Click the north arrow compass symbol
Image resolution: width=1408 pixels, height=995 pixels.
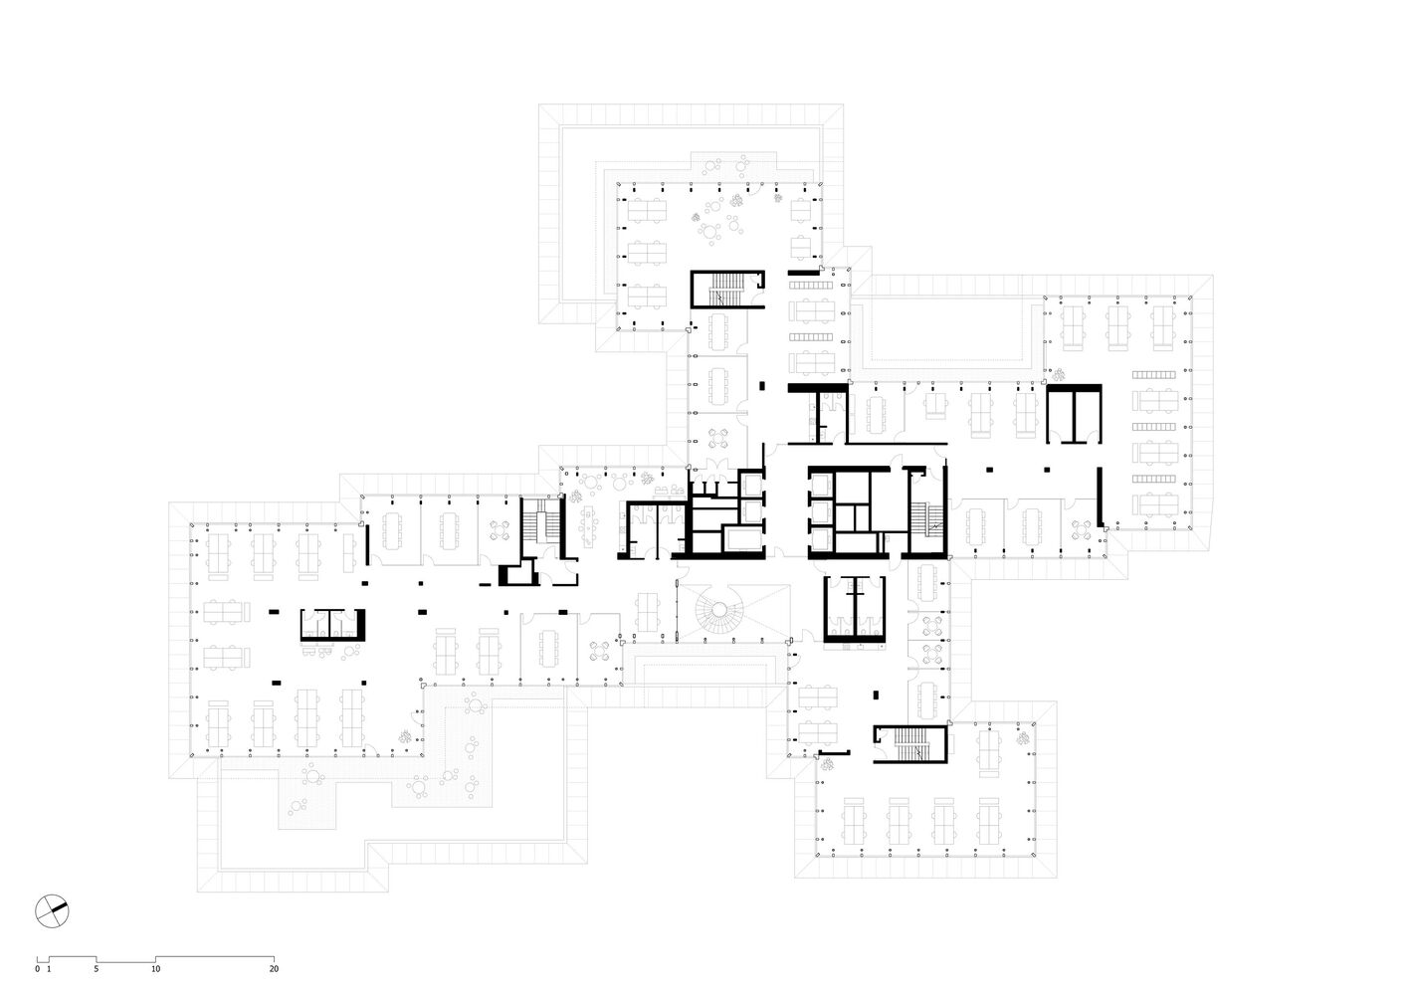tap(52, 910)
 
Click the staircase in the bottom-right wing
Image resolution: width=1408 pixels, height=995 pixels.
tap(911, 744)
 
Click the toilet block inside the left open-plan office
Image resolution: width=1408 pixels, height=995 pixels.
tap(332, 625)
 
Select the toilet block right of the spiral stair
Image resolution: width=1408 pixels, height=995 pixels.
tap(855, 609)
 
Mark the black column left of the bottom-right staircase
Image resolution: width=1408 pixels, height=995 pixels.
tap(876, 695)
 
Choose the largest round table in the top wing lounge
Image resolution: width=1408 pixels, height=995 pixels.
tap(710, 233)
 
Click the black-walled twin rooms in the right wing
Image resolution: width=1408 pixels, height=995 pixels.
tap(1074, 415)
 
